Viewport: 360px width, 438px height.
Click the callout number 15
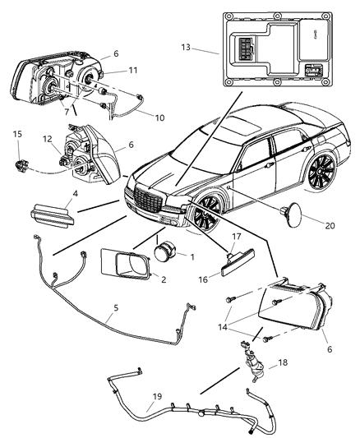click(17, 133)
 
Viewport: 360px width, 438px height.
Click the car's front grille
click(145, 202)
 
